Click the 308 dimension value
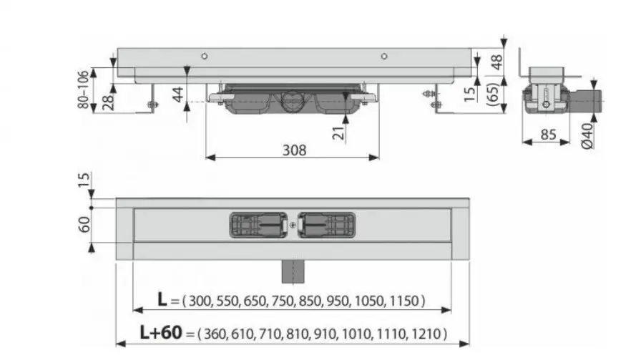(295, 150)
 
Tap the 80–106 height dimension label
(83, 89)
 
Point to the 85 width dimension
(549, 135)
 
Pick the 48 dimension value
(496, 62)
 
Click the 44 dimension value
(177, 95)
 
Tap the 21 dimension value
(338, 132)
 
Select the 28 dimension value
(108, 102)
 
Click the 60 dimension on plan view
(84, 225)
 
